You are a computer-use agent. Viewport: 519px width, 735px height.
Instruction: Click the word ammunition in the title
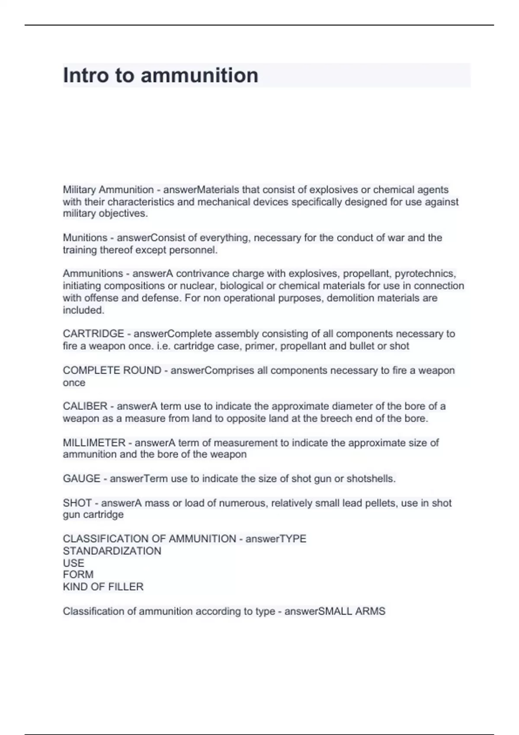click(x=199, y=75)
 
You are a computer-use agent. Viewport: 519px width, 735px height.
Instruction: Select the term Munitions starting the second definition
click(x=85, y=238)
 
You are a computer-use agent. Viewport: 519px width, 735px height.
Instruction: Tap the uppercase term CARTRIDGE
click(x=93, y=334)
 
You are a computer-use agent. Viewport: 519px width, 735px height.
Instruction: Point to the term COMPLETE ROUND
click(x=112, y=371)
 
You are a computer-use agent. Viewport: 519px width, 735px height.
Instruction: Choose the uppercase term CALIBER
click(x=85, y=406)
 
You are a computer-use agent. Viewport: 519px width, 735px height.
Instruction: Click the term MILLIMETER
click(x=94, y=443)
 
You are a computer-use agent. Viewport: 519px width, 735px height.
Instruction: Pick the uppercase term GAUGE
click(x=81, y=479)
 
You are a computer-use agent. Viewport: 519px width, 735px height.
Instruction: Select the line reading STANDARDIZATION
click(x=112, y=551)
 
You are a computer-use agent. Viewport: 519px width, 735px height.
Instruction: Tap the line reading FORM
click(x=78, y=575)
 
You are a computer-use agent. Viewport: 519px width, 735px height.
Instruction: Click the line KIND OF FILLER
click(x=103, y=587)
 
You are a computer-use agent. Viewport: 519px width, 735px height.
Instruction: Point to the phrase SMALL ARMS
click(x=352, y=611)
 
